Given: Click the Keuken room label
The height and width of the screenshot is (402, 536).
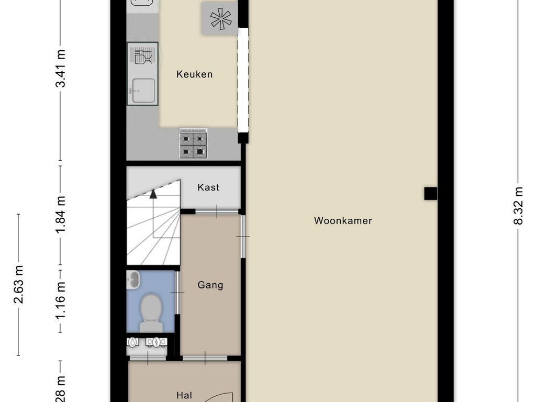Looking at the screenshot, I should tap(194, 74).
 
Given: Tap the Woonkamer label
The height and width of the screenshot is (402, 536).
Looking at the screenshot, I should tap(343, 221).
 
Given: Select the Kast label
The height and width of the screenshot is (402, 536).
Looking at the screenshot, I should tap(208, 187).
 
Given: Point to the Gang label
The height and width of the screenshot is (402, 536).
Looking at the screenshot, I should tap(210, 285).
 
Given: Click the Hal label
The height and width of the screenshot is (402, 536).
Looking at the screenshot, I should tap(183, 396).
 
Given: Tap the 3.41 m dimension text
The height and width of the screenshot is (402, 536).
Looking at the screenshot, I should tap(61, 68).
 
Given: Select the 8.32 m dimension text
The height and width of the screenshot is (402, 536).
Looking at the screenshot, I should tap(518, 206).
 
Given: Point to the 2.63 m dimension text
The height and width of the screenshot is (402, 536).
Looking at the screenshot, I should tap(19, 284).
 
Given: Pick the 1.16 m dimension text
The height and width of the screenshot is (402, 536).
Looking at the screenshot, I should tap(61, 301).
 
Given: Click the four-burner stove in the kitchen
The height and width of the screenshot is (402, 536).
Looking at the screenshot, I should tap(193, 143).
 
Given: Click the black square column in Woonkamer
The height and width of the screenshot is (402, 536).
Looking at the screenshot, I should tap(430, 194).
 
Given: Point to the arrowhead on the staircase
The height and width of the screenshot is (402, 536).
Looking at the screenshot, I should tap(153, 194).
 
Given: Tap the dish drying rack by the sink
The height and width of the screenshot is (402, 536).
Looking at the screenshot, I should tap(142, 55).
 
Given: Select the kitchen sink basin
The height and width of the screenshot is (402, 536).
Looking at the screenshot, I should tap(142, 91).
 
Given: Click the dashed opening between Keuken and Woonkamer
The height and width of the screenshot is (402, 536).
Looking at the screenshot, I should tap(243, 80).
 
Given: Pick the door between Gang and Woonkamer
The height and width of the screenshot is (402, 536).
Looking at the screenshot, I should tap(243, 237).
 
